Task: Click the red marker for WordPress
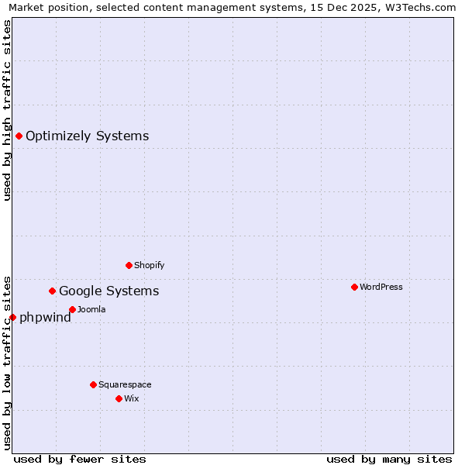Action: pos(354,287)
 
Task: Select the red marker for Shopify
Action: pos(129,265)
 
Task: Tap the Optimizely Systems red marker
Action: pos(19,136)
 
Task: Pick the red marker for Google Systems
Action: pos(52,291)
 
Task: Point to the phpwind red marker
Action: pos(12,317)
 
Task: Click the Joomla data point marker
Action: pos(72,309)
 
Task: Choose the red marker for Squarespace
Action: pos(93,384)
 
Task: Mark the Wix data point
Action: pos(119,398)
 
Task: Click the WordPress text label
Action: pos(381,287)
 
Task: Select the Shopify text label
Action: pos(150,265)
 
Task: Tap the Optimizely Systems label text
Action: pos(88,136)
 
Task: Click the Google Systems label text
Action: pos(109,291)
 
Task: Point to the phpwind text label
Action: pos(45,317)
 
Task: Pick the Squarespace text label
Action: pos(125,384)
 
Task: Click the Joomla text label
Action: pos(91,309)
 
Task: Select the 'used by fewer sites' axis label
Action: pos(80,459)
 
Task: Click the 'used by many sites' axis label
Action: pos(389,459)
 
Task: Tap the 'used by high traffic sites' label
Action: pos(7,110)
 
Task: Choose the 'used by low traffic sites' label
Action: pos(7,362)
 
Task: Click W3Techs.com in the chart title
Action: pos(422,7)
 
